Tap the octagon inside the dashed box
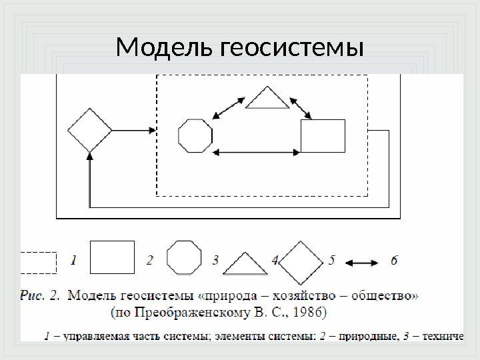[x=195, y=136]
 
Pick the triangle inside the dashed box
[x=267, y=99]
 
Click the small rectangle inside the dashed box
[x=323, y=136]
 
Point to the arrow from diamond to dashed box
[x=133, y=131]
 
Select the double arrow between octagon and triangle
[x=228, y=107]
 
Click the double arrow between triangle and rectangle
[x=303, y=107]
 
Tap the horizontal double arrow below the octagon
[x=256, y=154]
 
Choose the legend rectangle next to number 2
[x=112, y=257]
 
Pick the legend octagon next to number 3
[x=183, y=257]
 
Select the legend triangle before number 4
[x=245, y=264]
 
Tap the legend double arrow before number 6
[x=362, y=262]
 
